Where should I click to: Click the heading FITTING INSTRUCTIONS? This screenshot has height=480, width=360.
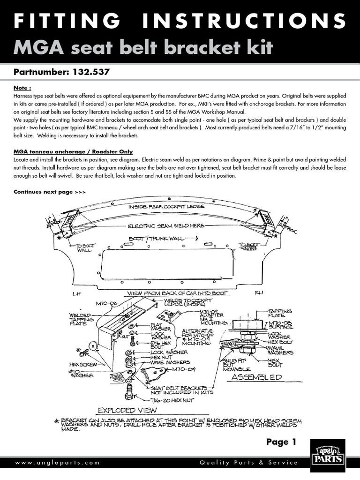[x=180, y=22]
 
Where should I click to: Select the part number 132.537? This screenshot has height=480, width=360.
[x=92, y=73]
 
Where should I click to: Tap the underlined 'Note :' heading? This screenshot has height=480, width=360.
[x=22, y=88]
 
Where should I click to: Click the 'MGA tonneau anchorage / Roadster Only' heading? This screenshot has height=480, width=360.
[x=73, y=152]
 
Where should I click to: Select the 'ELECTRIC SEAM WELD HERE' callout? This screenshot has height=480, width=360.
[x=166, y=226]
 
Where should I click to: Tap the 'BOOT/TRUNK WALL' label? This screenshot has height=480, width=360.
[x=156, y=239]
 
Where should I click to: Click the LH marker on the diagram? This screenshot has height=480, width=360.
[x=77, y=294]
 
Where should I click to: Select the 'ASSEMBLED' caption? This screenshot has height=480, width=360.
[x=256, y=377]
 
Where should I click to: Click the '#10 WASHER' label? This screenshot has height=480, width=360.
[x=81, y=373]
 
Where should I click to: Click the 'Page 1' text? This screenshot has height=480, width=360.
[x=281, y=442]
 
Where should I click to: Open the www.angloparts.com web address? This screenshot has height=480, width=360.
[x=58, y=463]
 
